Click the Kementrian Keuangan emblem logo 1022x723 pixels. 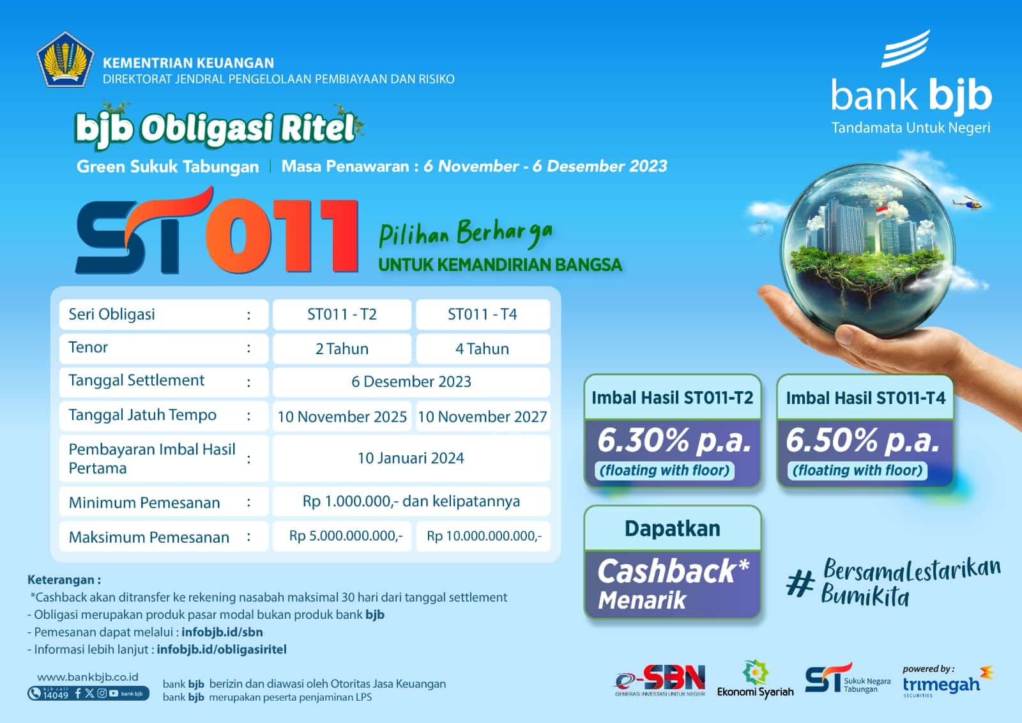pyautogui.click(x=66, y=59)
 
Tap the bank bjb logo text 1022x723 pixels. pyautogui.click(x=911, y=95)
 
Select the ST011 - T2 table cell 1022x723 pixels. pyautogui.click(x=342, y=315)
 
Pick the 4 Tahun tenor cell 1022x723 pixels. pyautogui.click(x=482, y=349)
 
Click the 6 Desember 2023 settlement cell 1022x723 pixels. pyautogui.click(x=411, y=382)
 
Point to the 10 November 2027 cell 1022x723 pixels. pyautogui.click(x=482, y=417)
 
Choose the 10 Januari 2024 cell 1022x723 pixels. pyautogui.click(x=411, y=458)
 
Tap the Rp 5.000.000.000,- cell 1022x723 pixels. pyautogui.click(x=346, y=536)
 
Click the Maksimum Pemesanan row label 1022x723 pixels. pyautogui.click(x=149, y=537)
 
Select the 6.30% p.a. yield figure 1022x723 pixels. pyautogui.click(x=673, y=440)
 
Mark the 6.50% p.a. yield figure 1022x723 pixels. pyautogui.click(x=862, y=440)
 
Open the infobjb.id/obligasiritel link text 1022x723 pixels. pyautogui.click(x=221, y=649)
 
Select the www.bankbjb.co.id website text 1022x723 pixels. pyautogui.click(x=88, y=677)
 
